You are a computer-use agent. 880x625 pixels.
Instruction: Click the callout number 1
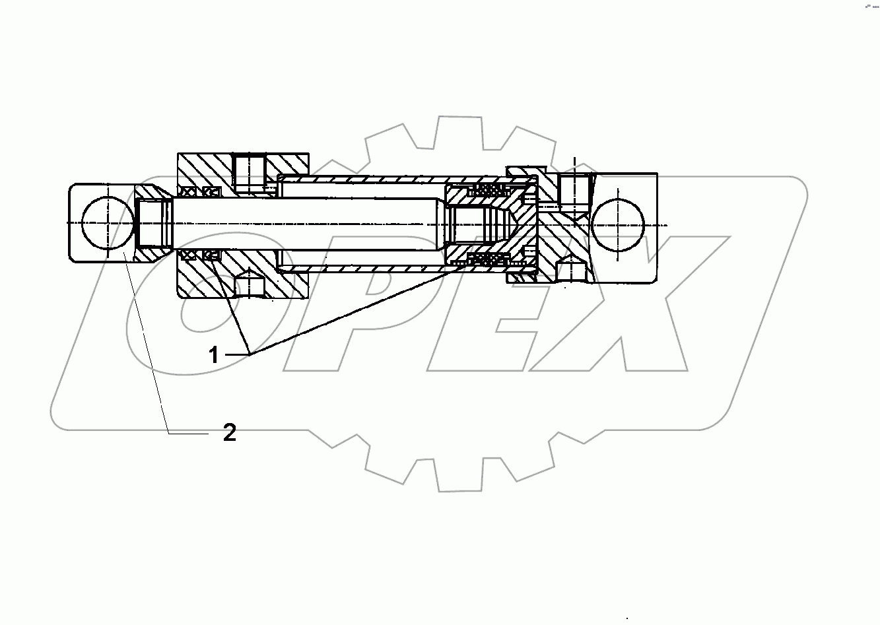click(213, 356)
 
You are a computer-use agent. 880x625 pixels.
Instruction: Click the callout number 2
click(229, 433)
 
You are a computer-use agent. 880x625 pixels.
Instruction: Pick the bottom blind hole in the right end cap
click(571, 271)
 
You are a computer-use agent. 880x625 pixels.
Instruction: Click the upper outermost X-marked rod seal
click(188, 191)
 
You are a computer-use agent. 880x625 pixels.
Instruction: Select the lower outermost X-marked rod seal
click(188, 255)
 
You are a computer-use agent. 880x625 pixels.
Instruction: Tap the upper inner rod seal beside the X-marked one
click(211, 191)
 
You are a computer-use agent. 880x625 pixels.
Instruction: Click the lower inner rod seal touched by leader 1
click(212, 255)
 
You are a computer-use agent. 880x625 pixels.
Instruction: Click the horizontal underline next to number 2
click(189, 433)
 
